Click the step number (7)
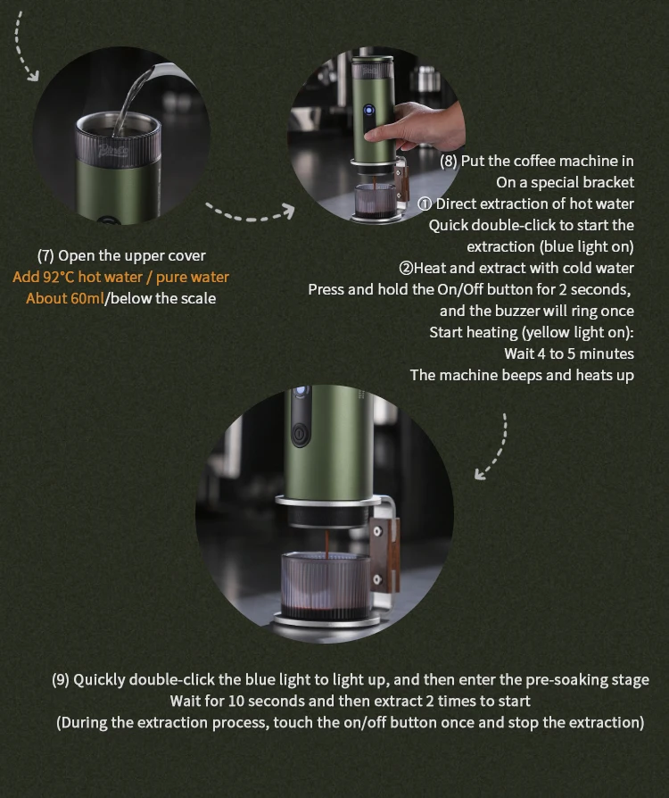coord(45,255)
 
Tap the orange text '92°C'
coord(59,277)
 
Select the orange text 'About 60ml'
coord(64,298)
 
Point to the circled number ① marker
coord(425,204)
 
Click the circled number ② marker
coord(406,268)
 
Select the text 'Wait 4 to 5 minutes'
coord(569,353)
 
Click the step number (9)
coord(61,680)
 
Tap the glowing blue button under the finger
coord(368,111)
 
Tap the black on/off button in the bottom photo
coord(301,434)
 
